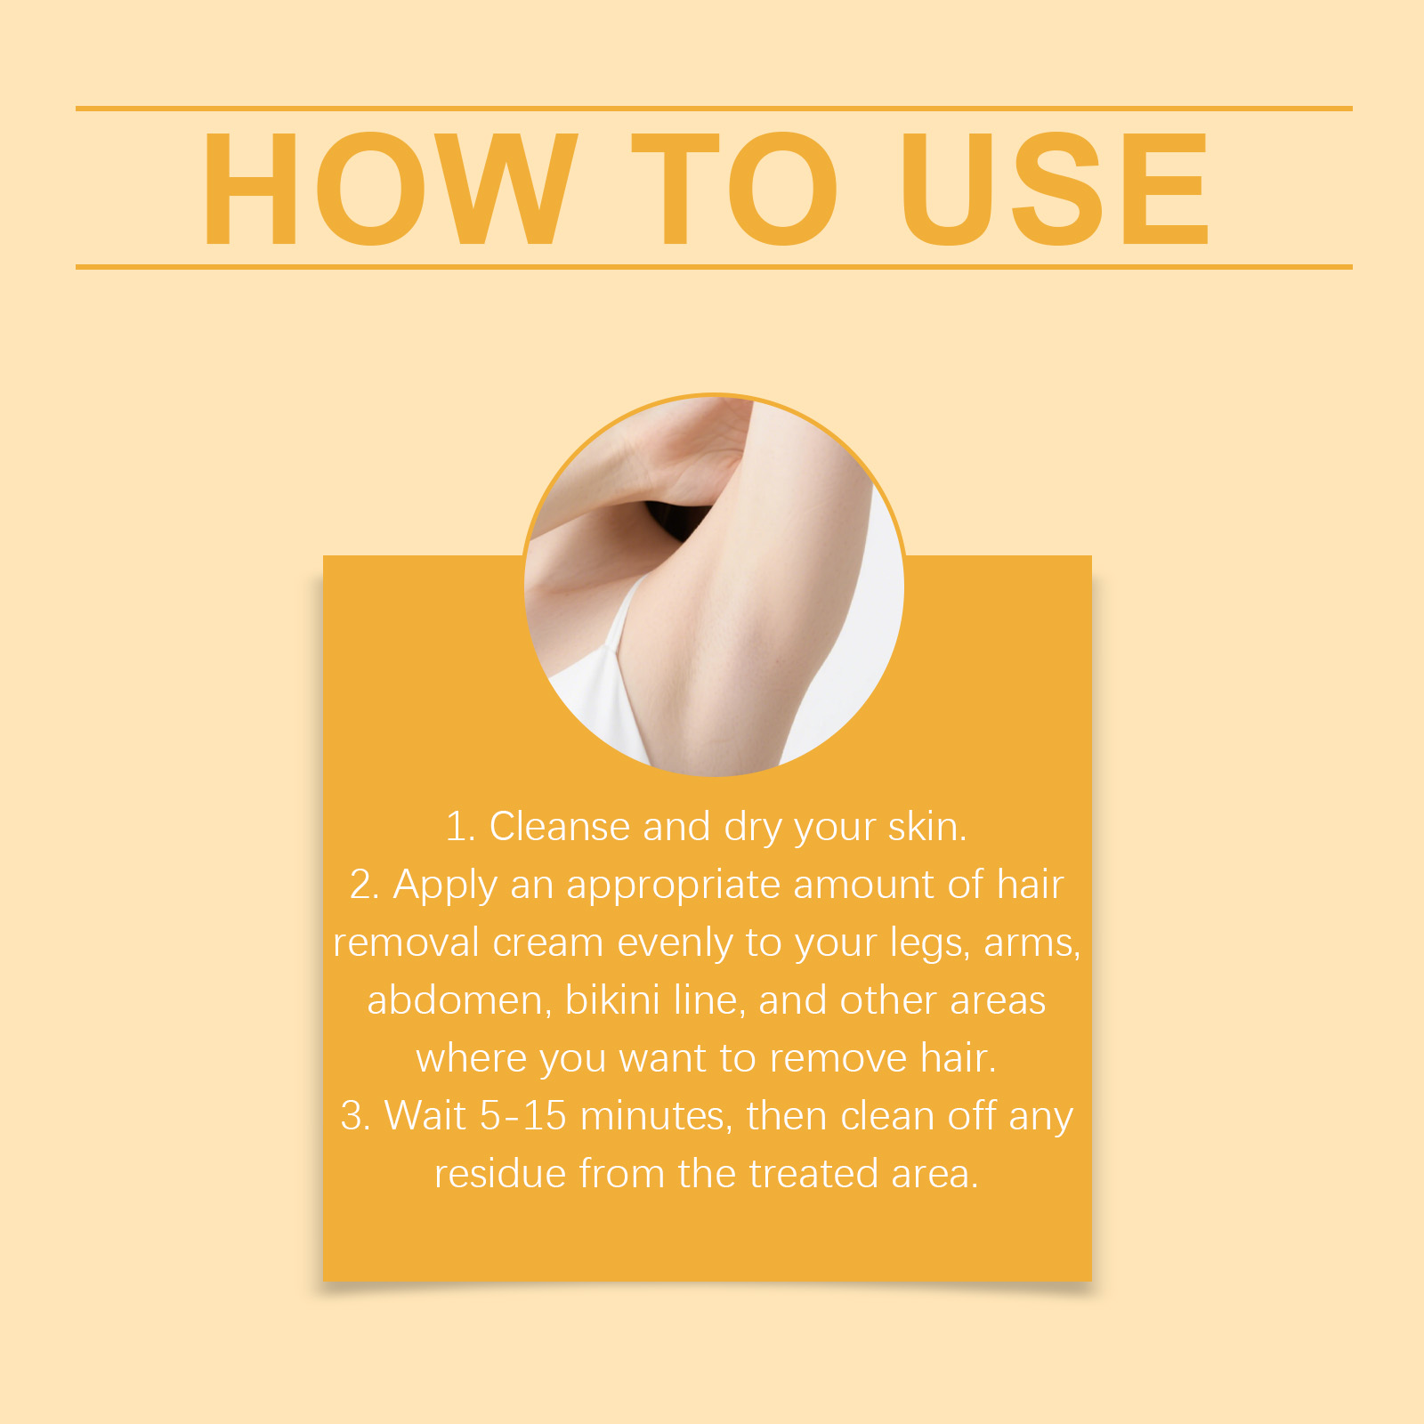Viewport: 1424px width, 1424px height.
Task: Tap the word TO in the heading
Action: pos(735,188)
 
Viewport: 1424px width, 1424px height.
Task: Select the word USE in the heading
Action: pos(1056,188)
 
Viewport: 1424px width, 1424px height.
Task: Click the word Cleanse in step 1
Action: pos(560,827)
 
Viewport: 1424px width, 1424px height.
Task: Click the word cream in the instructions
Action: pos(548,943)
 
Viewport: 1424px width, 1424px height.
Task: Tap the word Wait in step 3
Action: pos(425,1116)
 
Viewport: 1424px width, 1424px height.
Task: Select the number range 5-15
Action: pos(523,1116)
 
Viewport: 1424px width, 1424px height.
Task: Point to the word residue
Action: pos(500,1174)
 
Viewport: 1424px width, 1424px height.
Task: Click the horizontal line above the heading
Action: pos(714,109)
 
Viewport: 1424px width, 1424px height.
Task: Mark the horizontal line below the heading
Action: pos(714,266)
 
